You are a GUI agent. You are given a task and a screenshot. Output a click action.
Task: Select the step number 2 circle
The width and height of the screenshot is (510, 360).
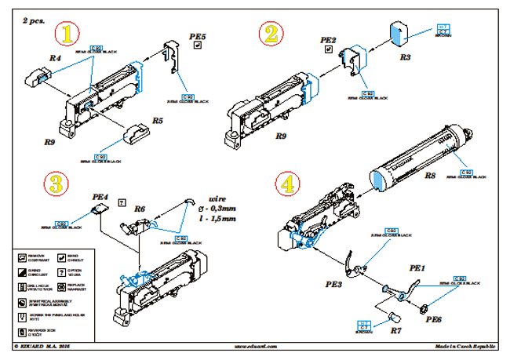click(271, 34)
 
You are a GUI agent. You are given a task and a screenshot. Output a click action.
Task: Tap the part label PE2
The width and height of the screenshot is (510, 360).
click(328, 39)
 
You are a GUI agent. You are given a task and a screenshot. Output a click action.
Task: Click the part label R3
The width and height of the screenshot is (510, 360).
click(405, 57)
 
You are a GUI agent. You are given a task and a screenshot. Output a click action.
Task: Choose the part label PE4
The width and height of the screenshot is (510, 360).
click(100, 198)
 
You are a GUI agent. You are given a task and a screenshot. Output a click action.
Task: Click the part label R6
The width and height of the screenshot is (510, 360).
click(140, 209)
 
